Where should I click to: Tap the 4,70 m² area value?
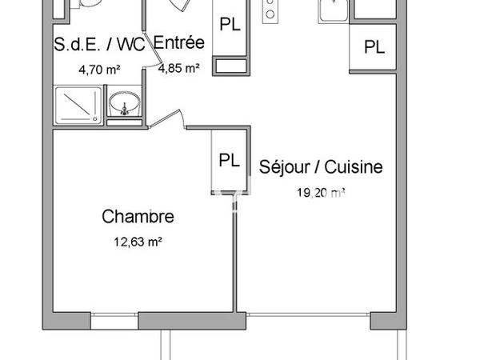[99, 70]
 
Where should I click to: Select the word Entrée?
[179, 43]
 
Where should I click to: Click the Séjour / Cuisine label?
[321, 167]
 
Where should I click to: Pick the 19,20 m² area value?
[320, 192]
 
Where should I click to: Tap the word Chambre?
[138, 217]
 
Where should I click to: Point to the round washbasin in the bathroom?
[123, 105]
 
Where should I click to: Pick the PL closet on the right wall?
[373, 47]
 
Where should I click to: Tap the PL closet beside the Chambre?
[229, 160]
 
